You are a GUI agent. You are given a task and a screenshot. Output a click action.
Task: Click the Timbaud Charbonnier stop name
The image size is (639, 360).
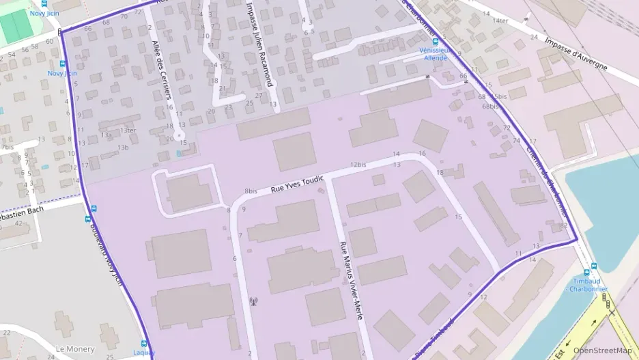(589, 284)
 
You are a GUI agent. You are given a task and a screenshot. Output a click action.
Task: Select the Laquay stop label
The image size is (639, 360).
(144, 352)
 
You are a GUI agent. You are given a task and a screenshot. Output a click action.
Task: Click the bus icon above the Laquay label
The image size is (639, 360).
(144, 344)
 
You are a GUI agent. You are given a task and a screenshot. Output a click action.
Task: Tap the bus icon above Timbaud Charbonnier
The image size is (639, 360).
(593, 267)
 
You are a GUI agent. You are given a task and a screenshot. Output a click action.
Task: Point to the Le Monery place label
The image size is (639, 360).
(75, 348)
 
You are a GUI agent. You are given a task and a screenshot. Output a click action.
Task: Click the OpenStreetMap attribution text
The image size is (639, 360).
(602, 350)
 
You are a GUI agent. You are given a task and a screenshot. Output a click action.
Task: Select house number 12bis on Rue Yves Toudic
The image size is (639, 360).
(358, 165)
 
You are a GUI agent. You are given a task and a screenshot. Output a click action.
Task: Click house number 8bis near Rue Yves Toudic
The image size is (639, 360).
(251, 191)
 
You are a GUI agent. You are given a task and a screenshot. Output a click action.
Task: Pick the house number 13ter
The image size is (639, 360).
(128, 130)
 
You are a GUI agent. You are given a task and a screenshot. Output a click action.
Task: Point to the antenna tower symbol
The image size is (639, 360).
(254, 300)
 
